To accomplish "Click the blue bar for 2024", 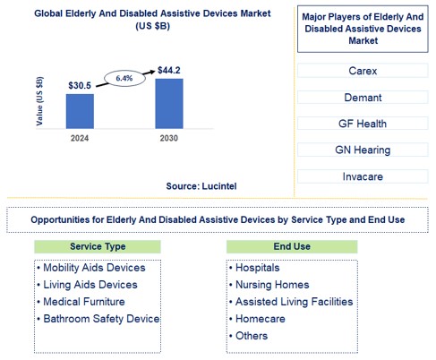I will pos(80,110).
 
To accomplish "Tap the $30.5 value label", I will pos(80,86).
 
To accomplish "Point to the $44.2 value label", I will pos(169,70).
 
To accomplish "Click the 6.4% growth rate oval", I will pos(124,78).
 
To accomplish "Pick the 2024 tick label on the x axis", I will pos(80,138).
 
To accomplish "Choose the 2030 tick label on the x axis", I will pos(169,138).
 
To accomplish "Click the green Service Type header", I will pos(97,246).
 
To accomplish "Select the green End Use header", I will pos(291,246).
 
